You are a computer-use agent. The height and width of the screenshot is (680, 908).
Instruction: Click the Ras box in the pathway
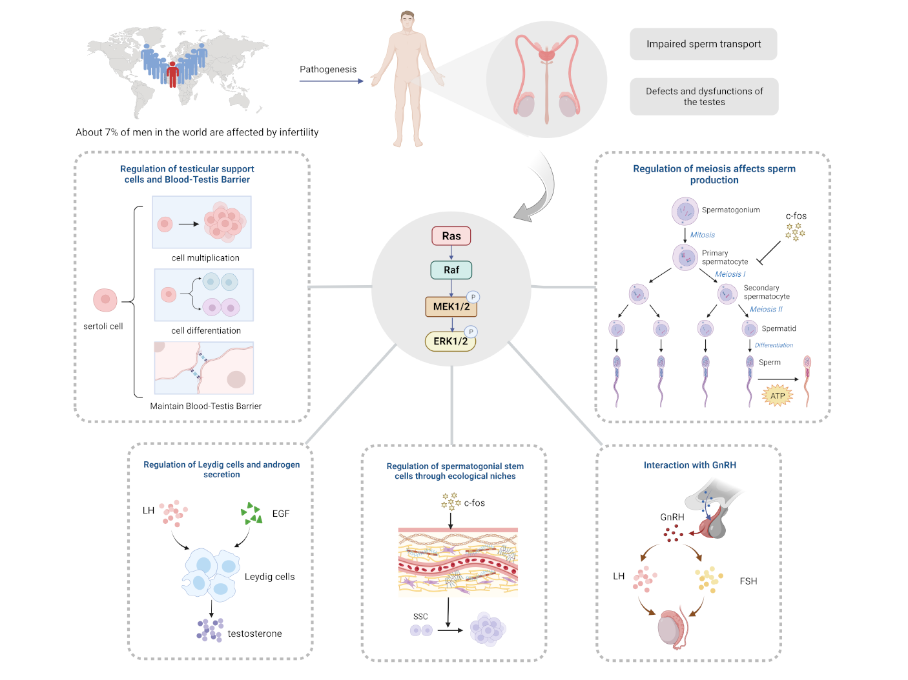click(451, 236)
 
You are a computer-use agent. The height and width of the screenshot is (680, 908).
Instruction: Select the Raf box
click(451, 270)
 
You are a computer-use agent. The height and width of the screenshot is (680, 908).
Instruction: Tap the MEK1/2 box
click(451, 306)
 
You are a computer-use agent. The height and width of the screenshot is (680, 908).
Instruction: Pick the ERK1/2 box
click(450, 341)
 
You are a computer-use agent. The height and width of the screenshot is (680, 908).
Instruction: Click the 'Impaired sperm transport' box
click(703, 44)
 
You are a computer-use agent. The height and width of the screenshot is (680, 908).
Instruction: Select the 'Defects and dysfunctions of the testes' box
click(704, 97)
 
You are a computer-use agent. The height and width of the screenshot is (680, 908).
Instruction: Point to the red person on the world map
click(172, 74)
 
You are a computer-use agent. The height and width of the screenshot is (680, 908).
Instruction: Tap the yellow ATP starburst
click(778, 395)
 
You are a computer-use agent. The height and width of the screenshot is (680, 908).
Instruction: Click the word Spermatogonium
click(730, 210)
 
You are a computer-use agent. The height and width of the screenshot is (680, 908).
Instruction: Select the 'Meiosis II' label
click(766, 310)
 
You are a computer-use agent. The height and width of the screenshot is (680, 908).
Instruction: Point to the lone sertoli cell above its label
click(105, 300)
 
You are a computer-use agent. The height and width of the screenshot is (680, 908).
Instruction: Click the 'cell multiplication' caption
click(205, 258)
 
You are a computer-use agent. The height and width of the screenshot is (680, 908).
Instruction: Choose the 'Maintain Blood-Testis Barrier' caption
click(205, 406)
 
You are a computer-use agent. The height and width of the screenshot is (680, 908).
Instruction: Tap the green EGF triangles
click(252, 514)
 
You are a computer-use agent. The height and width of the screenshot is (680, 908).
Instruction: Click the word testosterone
click(254, 634)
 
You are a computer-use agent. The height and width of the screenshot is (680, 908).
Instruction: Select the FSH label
click(748, 581)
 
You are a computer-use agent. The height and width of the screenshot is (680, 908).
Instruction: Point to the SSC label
click(420, 617)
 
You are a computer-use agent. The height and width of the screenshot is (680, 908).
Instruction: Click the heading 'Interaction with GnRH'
click(690, 465)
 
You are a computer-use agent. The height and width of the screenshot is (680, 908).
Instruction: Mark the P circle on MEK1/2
click(473, 297)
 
